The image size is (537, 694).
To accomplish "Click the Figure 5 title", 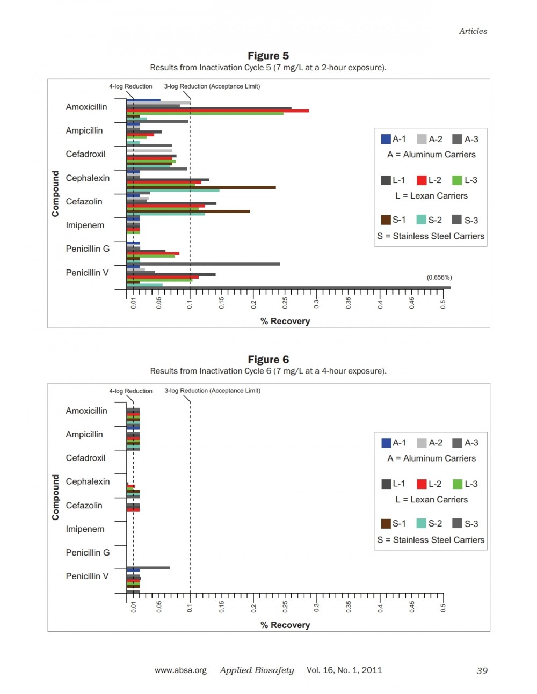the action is pos(268,56).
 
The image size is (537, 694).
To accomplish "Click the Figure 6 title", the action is pos(268,359).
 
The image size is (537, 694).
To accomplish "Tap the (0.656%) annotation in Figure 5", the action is pos(439,277).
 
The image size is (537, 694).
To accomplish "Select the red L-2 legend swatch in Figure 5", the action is pos(422,180).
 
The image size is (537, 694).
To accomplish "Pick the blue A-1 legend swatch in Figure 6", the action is pos(386,443).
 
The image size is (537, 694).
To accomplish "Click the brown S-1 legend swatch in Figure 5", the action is pos(386,220).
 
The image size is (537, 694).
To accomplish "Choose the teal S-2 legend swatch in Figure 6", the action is pos(422,523).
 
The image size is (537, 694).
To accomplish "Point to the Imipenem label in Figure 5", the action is pos(85,225).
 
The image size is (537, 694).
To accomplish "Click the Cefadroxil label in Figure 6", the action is pos(85,458).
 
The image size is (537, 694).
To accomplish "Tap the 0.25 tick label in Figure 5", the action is pos(285,303).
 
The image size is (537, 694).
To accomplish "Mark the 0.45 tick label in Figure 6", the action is pos(411,607).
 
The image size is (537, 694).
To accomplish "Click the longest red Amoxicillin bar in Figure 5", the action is pos(218,111).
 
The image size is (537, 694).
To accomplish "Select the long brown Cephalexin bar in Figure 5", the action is pos(201,187).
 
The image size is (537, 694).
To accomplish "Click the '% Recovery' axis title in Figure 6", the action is pos(285,625).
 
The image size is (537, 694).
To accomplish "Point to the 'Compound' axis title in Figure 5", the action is pos(55,194).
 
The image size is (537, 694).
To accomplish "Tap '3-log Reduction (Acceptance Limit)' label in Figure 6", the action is pos(213,391).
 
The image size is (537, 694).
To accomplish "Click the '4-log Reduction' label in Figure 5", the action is pos(130,86).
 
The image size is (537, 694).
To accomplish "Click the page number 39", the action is pos(482,670).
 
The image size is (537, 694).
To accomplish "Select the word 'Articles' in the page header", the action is pos(473,31).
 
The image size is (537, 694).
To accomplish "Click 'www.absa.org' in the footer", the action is pos(181,670).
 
